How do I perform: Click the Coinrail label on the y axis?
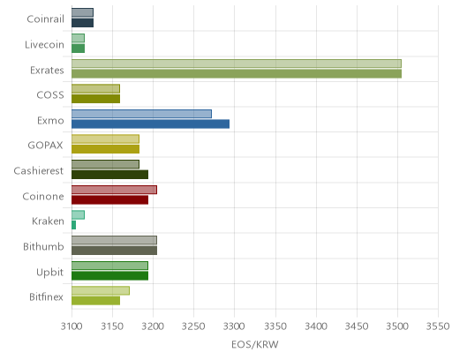pos(45,19)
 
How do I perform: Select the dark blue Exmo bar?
pos(150,124)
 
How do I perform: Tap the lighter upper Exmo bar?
pos(141,114)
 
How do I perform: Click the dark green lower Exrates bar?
pos(237,73)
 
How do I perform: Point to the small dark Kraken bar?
pos(73,225)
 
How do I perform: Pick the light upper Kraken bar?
pos(78,214)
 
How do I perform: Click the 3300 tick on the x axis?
pos(235,326)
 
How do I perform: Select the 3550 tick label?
pos(438,326)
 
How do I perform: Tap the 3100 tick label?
pos(72,326)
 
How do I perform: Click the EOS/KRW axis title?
pos(255,344)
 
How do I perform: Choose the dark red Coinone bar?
pos(109,200)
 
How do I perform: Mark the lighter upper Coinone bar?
pos(114,190)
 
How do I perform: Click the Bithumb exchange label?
pos(43,246)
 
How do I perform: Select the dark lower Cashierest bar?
pos(109,175)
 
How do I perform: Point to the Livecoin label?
pos(44,45)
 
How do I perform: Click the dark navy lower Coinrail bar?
pos(82,23)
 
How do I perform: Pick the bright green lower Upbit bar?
pos(109,276)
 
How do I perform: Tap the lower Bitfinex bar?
pos(95,301)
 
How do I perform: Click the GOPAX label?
pos(46,146)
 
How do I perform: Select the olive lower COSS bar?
pos(95,99)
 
